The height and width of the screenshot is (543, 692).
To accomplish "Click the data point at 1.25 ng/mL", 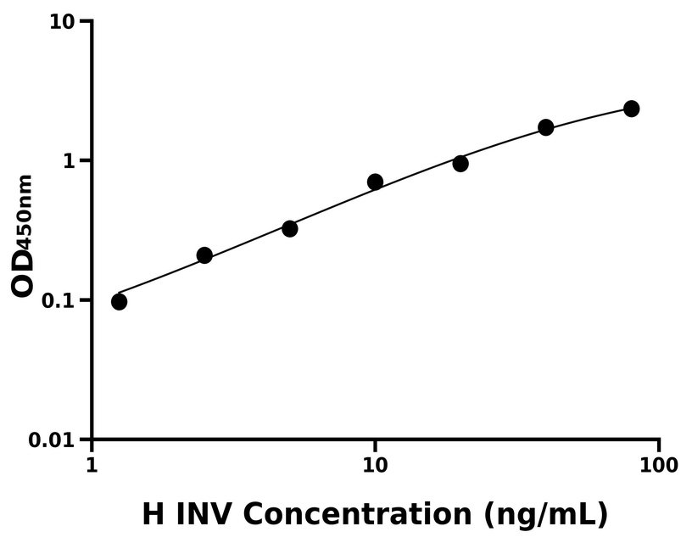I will pyautogui.click(x=119, y=301).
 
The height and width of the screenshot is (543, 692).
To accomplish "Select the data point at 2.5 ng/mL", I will pyautogui.click(x=204, y=255).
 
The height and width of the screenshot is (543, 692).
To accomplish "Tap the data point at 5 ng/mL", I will pyautogui.click(x=290, y=228).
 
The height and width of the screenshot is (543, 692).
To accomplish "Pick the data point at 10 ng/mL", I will pyautogui.click(x=375, y=182).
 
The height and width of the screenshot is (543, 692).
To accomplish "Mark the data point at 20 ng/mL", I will pyautogui.click(x=460, y=163).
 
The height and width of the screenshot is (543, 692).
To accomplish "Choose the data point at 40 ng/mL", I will pyautogui.click(x=546, y=127).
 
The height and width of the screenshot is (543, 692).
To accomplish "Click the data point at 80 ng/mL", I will pyautogui.click(x=631, y=109).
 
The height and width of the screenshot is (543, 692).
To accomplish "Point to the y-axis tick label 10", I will pyautogui.click(x=60, y=21).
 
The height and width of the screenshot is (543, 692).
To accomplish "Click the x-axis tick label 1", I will pyautogui.click(x=92, y=465).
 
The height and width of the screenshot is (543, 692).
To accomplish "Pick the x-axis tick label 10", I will pyautogui.click(x=375, y=465).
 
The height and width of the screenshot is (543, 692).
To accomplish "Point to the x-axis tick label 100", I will pyautogui.click(x=658, y=465).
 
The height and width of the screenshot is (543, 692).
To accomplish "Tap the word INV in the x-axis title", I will pyautogui.click(x=206, y=513).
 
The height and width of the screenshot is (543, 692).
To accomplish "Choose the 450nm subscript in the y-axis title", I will pyautogui.click(x=25, y=213).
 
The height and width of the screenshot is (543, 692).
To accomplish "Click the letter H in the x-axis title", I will pyautogui.click(x=153, y=513).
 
